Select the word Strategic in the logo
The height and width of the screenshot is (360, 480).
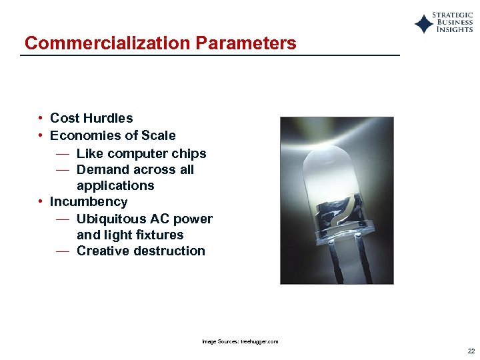coord(453,15)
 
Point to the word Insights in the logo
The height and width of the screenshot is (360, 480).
coord(455,29)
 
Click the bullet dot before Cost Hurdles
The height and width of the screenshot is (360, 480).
coord(41,119)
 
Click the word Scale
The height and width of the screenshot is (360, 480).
coord(159,135)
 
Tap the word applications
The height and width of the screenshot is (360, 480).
coord(115,185)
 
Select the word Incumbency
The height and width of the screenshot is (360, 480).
coord(89,201)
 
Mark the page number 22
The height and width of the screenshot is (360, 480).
coord(471,351)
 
